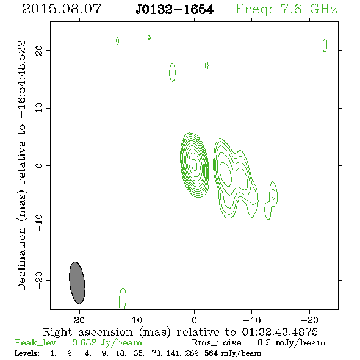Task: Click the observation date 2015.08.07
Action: [62, 9]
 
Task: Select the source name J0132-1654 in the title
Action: [175, 10]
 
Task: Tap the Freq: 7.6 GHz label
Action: [286, 10]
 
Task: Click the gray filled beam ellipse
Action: [77, 283]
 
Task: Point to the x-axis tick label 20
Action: [79, 320]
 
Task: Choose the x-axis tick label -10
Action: [252, 320]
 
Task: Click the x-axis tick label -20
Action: [309, 320]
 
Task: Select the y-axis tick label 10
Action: [39, 108]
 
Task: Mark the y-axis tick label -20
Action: [39, 281]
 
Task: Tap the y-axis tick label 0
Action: [39, 165]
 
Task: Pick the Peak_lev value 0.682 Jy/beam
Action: [107, 343]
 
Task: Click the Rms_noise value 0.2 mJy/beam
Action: [291, 343]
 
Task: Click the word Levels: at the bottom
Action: [27, 353]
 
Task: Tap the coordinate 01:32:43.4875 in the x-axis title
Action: [279, 332]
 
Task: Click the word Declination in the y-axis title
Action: [21, 259]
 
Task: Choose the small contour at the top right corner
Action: [325, 45]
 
